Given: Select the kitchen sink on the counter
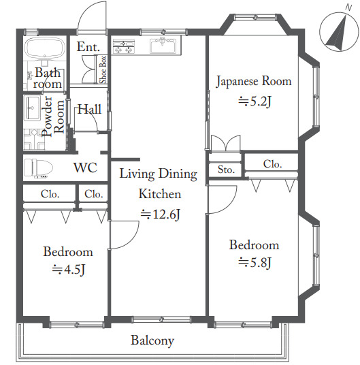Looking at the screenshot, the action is (163, 45).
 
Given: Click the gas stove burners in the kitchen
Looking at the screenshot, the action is (123, 46).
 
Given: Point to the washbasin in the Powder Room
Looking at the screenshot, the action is (31, 108).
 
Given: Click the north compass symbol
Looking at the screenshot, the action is (339, 31).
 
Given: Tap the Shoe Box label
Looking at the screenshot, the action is (103, 69).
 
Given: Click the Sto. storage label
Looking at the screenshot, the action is (226, 170).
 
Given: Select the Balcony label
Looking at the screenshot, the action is (152, 340).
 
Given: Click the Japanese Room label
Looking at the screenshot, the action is (254, 81).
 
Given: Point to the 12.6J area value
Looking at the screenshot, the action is (161, 215).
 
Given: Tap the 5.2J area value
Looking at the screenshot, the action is (255, 101).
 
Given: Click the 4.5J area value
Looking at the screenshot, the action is (69, 270).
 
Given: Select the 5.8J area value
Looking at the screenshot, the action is (255, 263).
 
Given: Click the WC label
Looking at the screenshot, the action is (85, 168).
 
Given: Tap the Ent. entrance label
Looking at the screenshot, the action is (88, 47).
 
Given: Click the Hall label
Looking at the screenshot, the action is (90, 109).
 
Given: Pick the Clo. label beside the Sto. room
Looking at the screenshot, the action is (273, 164).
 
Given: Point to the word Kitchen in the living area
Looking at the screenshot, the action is (160, 193).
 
